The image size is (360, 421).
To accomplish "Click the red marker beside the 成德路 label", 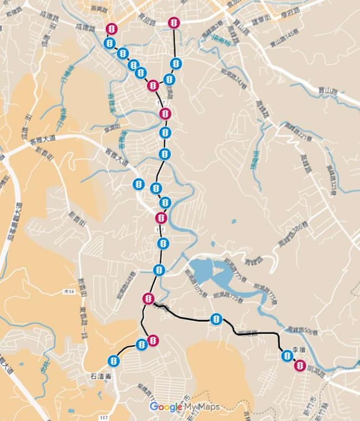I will click(112, 28).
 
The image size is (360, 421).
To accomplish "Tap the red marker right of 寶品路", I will click(175, 23).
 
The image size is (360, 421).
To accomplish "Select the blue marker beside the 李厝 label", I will click(287, 356).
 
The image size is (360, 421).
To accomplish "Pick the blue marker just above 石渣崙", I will click(113, 361).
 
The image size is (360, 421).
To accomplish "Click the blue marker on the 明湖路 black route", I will click(216, 319).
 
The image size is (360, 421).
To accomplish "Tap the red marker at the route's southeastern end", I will click(300, 365).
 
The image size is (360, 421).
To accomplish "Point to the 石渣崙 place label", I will click(98, 377).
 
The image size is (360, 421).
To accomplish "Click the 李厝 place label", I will click(298, 349).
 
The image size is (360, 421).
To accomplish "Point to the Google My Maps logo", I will click(184, 407).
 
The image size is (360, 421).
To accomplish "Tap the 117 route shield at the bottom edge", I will click(104, 417).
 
